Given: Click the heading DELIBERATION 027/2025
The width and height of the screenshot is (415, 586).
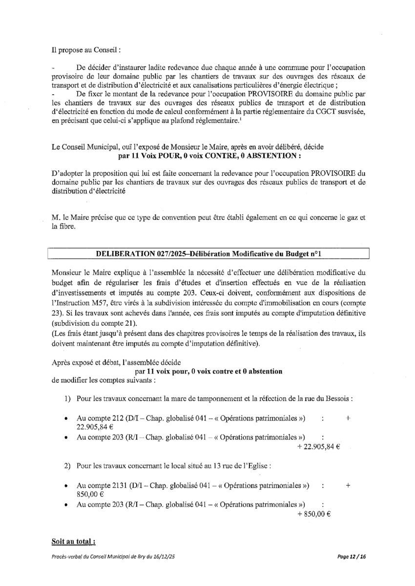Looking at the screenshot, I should [207, 254].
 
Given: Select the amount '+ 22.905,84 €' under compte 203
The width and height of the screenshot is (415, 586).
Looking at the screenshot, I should [318, 446].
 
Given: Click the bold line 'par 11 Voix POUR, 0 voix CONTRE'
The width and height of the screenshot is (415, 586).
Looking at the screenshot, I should [208, 156].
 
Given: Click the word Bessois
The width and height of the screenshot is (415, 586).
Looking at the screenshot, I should [338, 398].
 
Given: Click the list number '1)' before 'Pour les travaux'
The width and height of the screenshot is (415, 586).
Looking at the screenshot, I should [68, 398].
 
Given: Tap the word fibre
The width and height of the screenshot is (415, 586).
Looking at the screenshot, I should [64, 226].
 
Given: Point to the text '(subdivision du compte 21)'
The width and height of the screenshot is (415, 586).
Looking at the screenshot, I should [91, 323].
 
